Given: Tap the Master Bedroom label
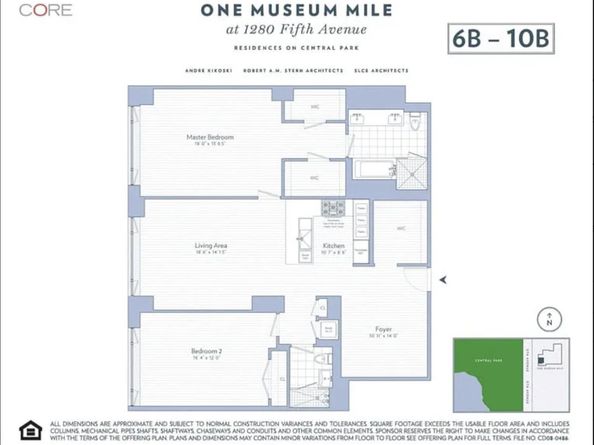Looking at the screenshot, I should (209, 139).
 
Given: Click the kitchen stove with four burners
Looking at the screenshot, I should (333, 208).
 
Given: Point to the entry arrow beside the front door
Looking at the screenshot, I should (444, 279).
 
